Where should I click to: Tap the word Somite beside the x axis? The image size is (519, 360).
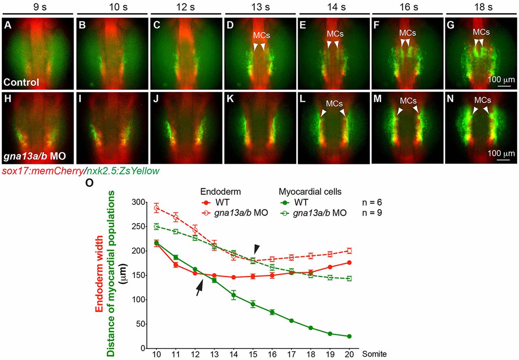pyautogui.click(x=375, y=354)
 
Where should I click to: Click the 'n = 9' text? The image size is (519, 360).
pyautogui.click(x=371, y=212)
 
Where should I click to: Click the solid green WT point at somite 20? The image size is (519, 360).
pyautogui.click(x=349, y=336)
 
